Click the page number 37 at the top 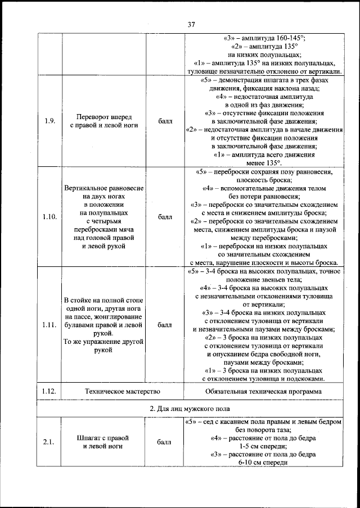(x=191, y=24)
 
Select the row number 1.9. (x=49, y=121)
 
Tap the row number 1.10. (x=49, y=216)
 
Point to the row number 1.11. (x=49, y=325)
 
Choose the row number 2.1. (x=49, y=442)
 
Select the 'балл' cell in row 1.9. (x=165, y=121)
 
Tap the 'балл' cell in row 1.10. (x=165, y=216)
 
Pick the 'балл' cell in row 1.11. (x=165, y=325)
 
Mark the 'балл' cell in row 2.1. (x=165, y=442)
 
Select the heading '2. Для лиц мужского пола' (x=190, y=408)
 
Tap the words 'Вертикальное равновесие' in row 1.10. (x=103, y=187)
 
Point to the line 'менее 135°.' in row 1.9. (x=264, y=162)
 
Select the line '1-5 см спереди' (x=264, y=446)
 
